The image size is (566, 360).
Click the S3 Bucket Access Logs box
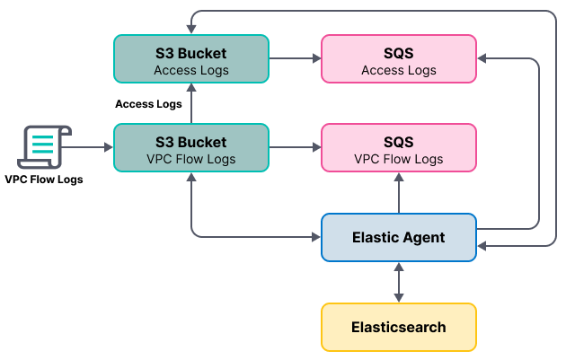pyautogui.click(x=191, y=59)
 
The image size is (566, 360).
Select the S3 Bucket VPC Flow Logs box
pyautogui.click(x=191, y=148)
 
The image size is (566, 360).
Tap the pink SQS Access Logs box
pyautogui.click(x=398, y=59)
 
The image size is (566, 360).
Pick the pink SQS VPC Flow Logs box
pyautogui.click(x=398, y=148)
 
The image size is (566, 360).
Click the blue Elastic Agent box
pyautogui.click(x=398, y=237)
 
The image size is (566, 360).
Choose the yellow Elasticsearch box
pyautogui.click(x=398, y=327)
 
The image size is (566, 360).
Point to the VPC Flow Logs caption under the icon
pyautogui.click(x=43, y=180)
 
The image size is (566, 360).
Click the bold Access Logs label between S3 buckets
pyautogui.click(x=148, y=104)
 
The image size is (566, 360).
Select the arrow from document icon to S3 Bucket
pyautogui.click(x=90, y=147)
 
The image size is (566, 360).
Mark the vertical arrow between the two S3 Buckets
pyautogui.click(x=191, y=104)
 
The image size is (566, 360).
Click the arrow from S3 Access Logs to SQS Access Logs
pyautogui.click(x=295, y=59)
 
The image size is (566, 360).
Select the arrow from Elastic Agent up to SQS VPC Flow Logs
pyautogui.click(x=398, y=193)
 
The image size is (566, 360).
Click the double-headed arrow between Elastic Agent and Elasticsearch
pyautogui.click(x=398, y=282)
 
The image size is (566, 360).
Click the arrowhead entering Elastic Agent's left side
pyautogui.click(x=315, y=237)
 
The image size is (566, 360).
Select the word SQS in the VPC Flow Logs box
pyautogui.click(x=398, y=142)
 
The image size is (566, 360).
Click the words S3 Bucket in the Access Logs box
pyautogui.click(x=191, y=53)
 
